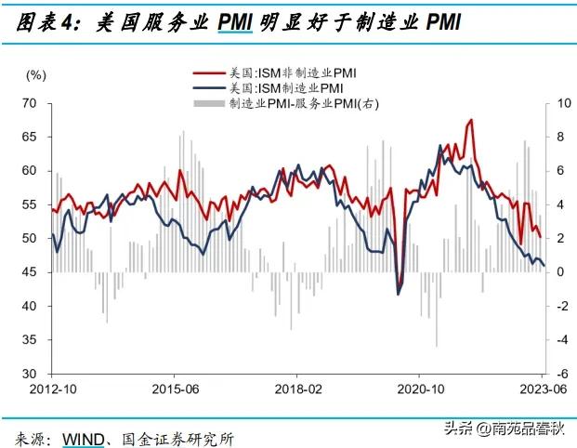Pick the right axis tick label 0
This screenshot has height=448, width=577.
point(561,272)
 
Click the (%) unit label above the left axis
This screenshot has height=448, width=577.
point(35,73)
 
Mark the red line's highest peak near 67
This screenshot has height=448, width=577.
point(472,120)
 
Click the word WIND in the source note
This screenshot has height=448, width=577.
point(83,437)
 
